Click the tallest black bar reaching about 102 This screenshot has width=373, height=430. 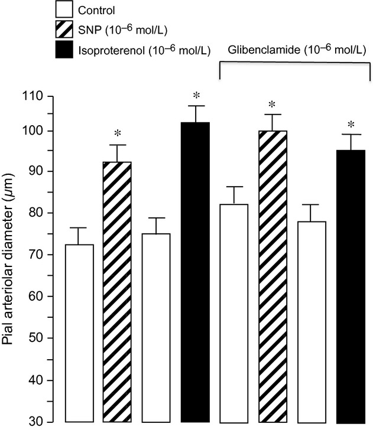click(x=194, y=272)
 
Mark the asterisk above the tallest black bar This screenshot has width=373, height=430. click(x=194, y=96)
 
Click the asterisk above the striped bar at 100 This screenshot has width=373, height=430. click(x=272, y=105)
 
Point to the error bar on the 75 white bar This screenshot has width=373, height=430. click(x=156, y=225)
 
